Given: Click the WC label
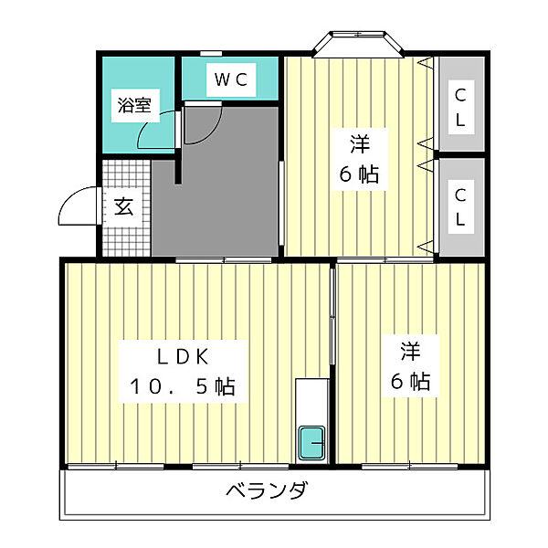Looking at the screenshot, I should (x=231, y=79).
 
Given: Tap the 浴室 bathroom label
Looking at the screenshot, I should (x=133, y=105).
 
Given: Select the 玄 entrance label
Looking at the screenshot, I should (x=124, y=206).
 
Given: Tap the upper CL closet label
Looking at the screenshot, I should (x=461, y=106).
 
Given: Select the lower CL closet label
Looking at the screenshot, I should (x=461, y=207).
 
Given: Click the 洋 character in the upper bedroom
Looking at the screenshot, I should (x=359, y=144).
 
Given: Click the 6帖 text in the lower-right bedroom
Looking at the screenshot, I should (x=410, y=381).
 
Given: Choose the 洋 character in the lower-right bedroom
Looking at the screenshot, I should (x=410, y=350).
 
